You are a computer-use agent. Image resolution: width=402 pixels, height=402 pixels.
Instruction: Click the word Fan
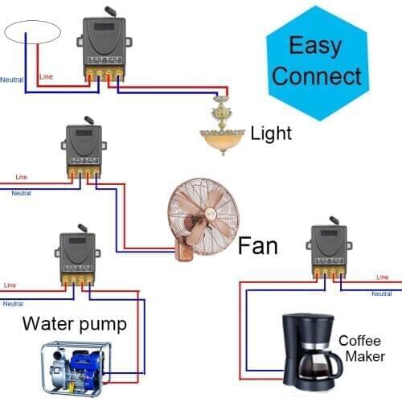257,244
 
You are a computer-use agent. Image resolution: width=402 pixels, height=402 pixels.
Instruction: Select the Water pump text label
74,324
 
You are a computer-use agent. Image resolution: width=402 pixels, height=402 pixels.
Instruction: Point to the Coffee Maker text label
361,348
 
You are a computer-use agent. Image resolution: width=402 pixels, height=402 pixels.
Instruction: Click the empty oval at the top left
32,31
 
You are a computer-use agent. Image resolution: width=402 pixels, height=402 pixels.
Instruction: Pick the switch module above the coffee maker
327,248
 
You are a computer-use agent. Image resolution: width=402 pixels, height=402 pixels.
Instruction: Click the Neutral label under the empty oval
11,80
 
